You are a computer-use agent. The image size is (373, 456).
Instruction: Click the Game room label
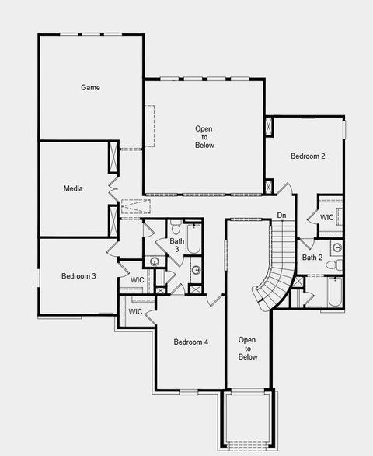click(90, 88)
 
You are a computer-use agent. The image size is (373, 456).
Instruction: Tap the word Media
click(73, 188)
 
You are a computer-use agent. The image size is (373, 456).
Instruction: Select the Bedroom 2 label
click(308, 156)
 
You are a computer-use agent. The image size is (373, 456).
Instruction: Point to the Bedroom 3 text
click(78, 276)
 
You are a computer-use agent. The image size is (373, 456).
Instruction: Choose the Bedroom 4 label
click(190, 342)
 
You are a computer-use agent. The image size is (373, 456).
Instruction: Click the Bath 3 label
click(177, 245)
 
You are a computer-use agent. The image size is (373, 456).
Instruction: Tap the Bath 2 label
click(312, 258)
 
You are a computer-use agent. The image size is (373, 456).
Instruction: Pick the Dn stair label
click(281, 216)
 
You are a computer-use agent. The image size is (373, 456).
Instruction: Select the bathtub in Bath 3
click(193, 238)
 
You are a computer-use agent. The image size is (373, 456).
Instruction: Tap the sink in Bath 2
click(336, 248)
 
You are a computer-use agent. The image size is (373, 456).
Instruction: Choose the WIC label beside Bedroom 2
click(327, 218)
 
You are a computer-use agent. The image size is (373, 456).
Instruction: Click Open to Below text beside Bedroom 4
click(247, 348)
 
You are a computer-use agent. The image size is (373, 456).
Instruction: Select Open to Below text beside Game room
click(204, 137)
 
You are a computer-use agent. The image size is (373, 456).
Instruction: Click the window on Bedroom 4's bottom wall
click(190, 391)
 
